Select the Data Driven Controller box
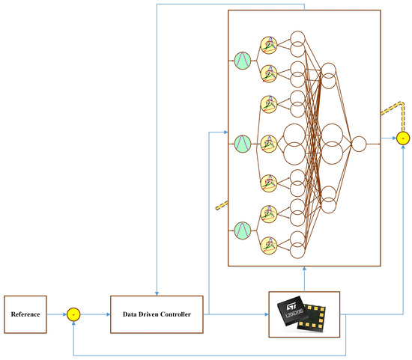(x=157, y=314)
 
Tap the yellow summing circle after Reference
(x=73, y=314)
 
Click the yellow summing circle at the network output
(x=403, y=138)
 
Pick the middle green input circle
(x=242, y=143)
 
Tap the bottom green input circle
(x=242, y=229)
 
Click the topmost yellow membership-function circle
(x=268, y=45)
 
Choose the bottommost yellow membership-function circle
(x=268, y=243)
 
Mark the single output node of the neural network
(x=359, y=144)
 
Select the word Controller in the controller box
(x=181, y=314)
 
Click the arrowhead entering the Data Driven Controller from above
(x=157, y=292)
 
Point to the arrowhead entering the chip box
(x=264, y=314)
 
